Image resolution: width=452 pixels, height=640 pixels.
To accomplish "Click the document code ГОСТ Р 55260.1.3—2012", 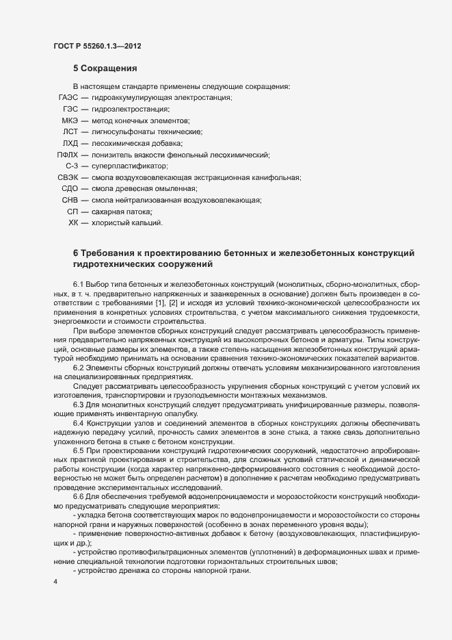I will click(x=98, y=46).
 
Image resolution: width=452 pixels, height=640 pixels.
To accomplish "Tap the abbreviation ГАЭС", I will click(x=68, y=98).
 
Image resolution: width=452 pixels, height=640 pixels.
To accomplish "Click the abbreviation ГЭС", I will click(x=70, y=109).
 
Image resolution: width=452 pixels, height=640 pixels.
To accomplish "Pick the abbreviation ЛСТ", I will click(x=70, y=131).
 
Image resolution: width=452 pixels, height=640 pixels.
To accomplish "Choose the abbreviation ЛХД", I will click(x=70, y=143).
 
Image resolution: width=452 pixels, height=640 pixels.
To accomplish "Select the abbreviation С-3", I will click(x=72, y=166).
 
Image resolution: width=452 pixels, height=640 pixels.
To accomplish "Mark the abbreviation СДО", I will click(x=70, y=188).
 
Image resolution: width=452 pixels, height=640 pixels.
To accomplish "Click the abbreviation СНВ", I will click(x=70, y=200).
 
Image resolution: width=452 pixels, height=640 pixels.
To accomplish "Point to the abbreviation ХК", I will click(x=74, y=222).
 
